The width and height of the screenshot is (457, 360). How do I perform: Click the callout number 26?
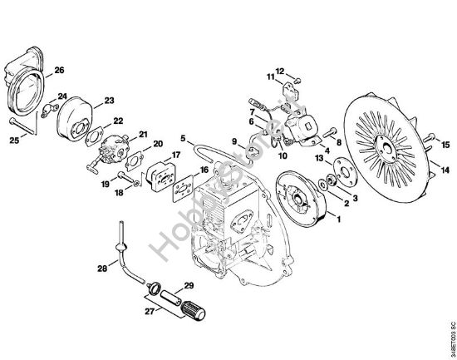pyautogui.click(x=59, y=70)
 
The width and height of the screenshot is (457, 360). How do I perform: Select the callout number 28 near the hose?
pyautogui.click(x=101, y=268)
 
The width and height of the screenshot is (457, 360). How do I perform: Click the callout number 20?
pyautogui.click(x=157, y=144)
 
